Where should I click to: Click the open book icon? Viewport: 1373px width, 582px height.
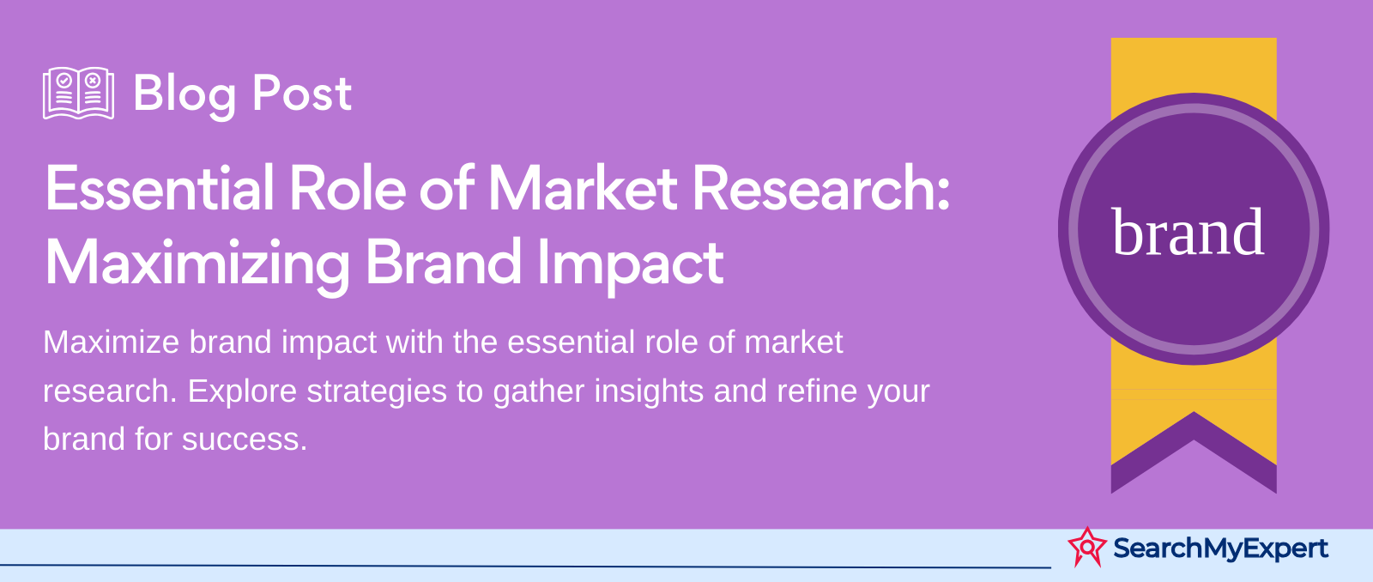click(78, 94)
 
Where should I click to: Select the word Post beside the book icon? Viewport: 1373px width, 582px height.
click(302, 94)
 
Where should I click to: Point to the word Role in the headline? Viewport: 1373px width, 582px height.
click(348, 188)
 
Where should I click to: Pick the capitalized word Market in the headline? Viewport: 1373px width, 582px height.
click(583, 188)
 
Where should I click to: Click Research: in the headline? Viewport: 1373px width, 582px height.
click(821, 188)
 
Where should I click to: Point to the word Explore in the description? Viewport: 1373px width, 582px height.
click(242, 391)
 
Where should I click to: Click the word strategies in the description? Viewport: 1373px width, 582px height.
click(377, 391)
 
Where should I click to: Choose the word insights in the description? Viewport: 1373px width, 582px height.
click(649, 391)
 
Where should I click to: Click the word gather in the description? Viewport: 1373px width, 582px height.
click(538, 391)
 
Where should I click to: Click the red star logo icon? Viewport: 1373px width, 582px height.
click(1087, 547)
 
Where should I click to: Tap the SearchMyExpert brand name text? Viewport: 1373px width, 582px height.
click(1220, 549)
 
